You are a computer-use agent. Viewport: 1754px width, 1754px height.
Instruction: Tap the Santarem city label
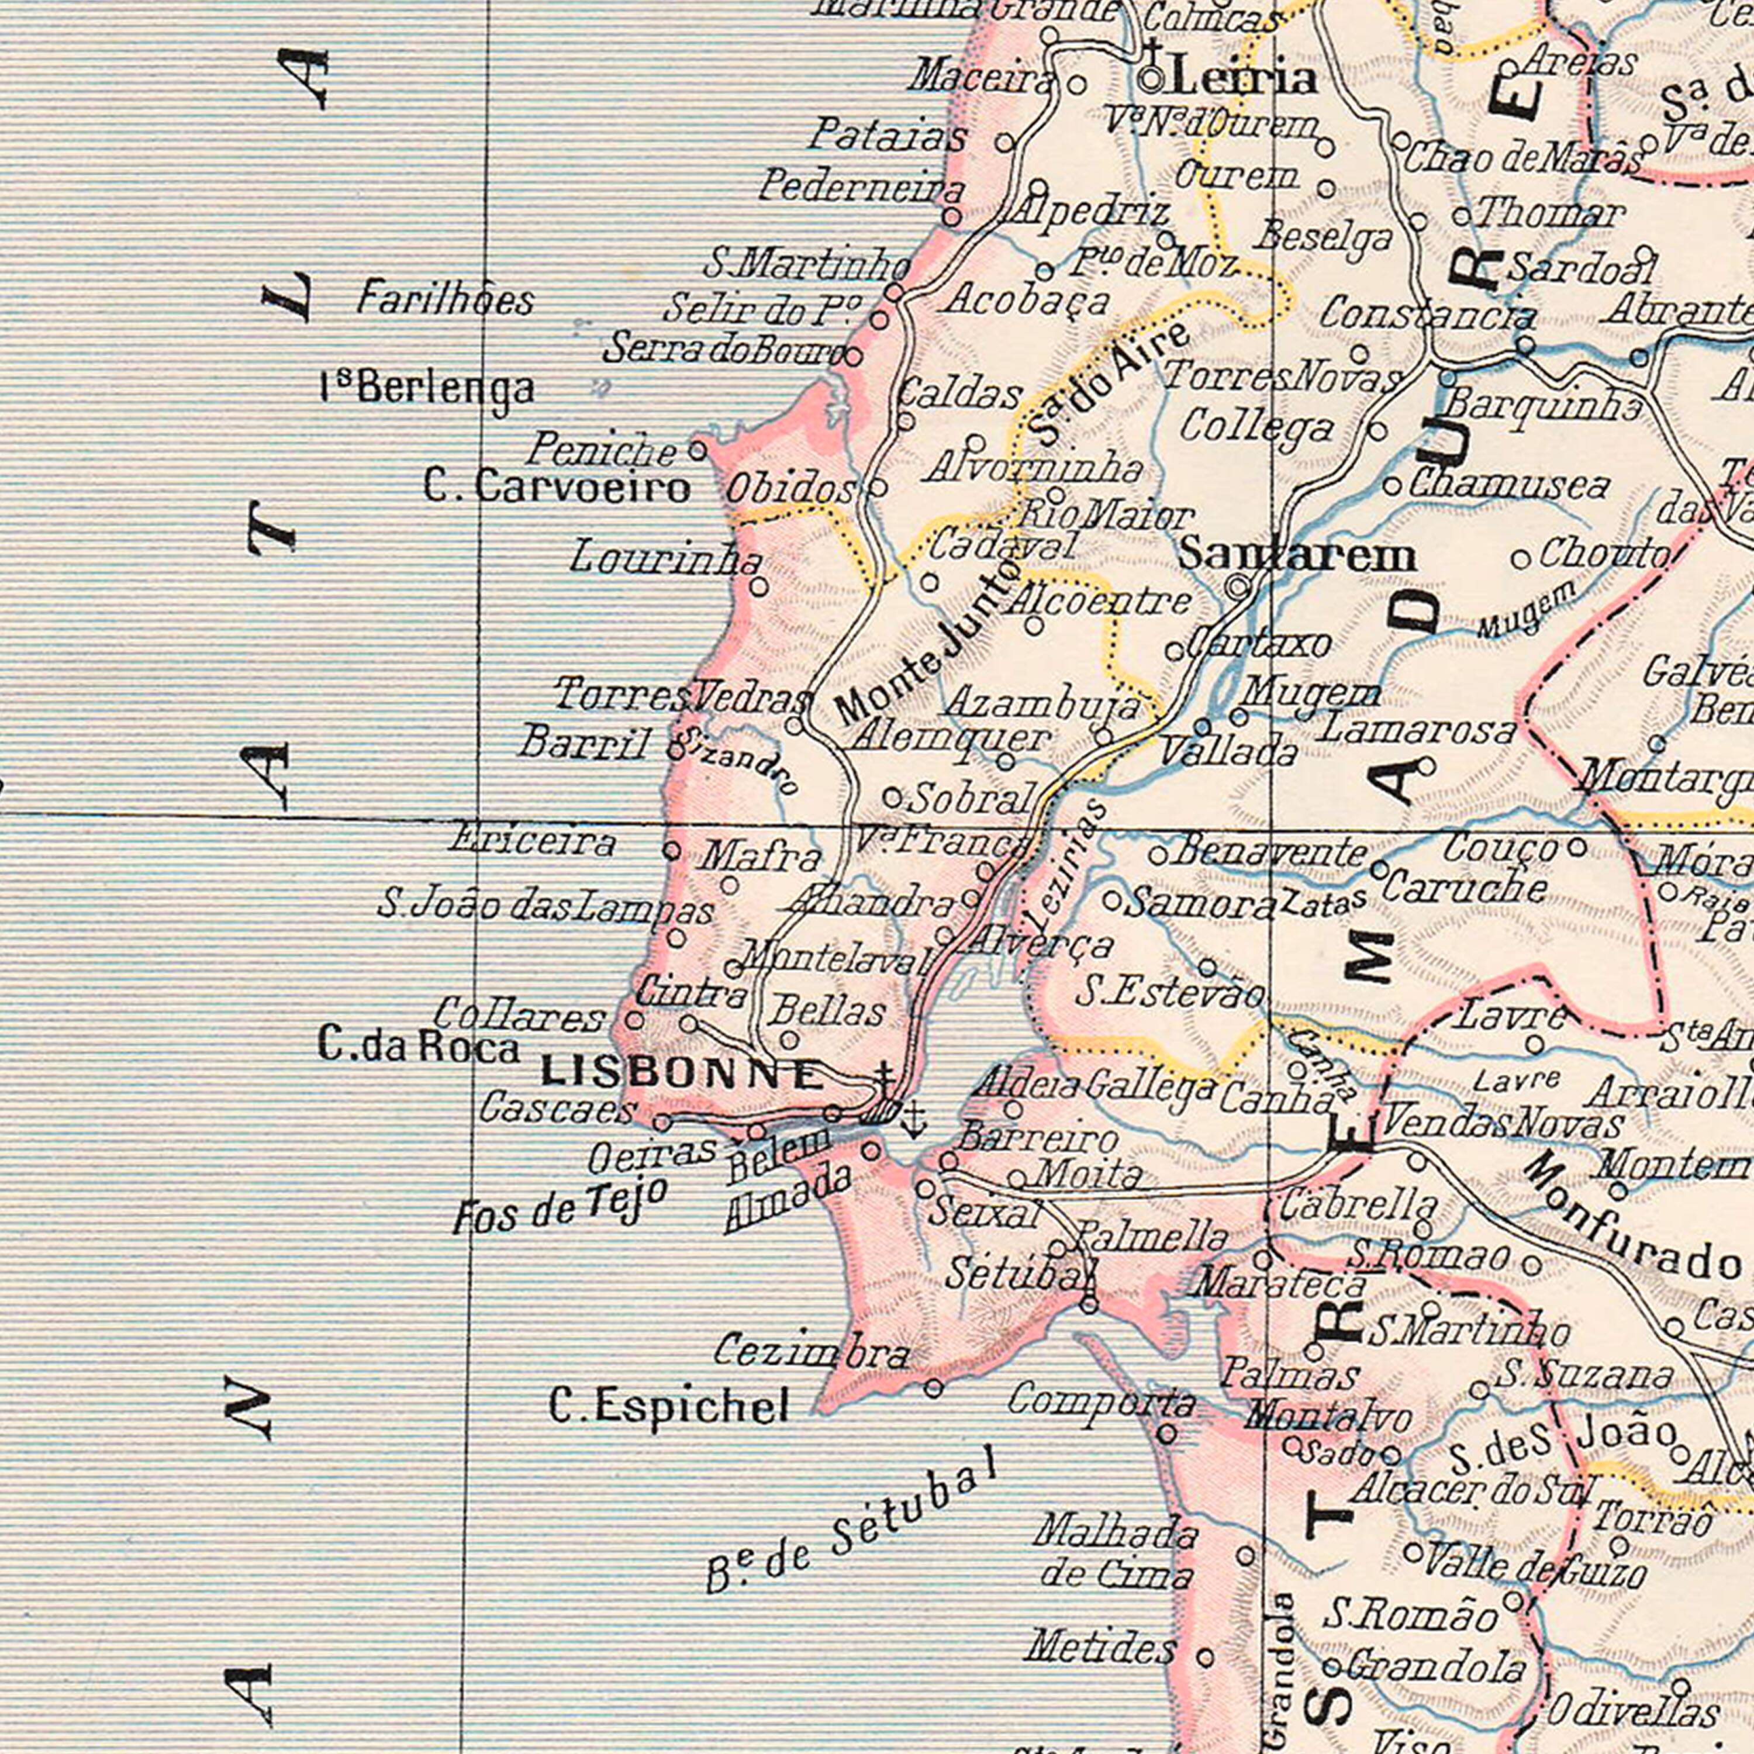1296,555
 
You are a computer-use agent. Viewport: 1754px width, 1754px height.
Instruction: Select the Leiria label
1244,80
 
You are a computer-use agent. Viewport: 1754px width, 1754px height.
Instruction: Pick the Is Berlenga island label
427,389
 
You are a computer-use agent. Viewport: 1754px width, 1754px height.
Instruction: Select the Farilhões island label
445,299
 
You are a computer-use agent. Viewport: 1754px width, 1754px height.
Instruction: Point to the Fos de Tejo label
560,1207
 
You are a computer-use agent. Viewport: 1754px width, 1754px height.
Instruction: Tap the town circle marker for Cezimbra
933,1388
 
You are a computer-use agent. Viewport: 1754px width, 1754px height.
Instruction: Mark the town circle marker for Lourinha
759,588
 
